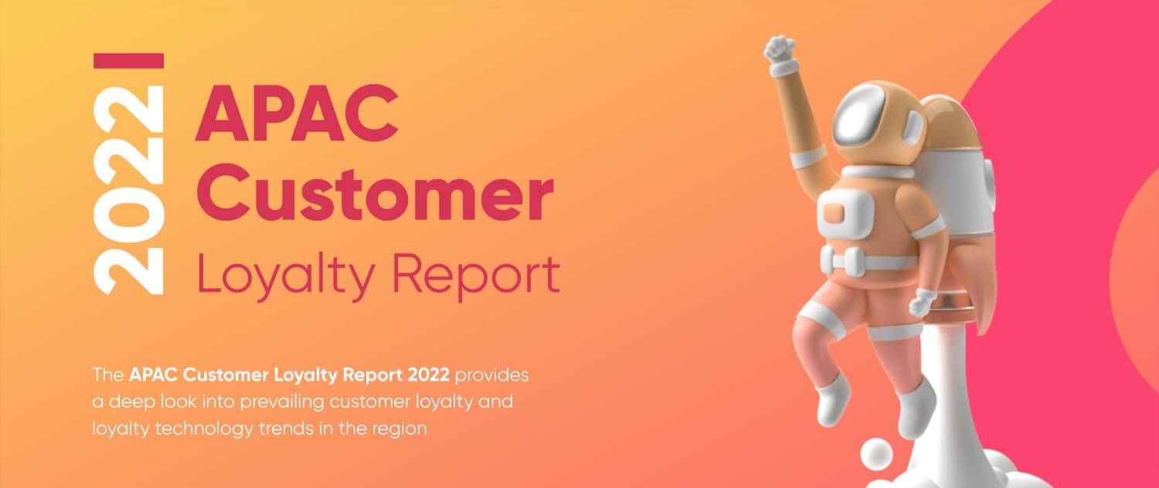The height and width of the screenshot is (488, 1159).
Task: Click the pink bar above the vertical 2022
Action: point(128,60)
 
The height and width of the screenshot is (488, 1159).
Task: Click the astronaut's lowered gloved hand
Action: point(923,301)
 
